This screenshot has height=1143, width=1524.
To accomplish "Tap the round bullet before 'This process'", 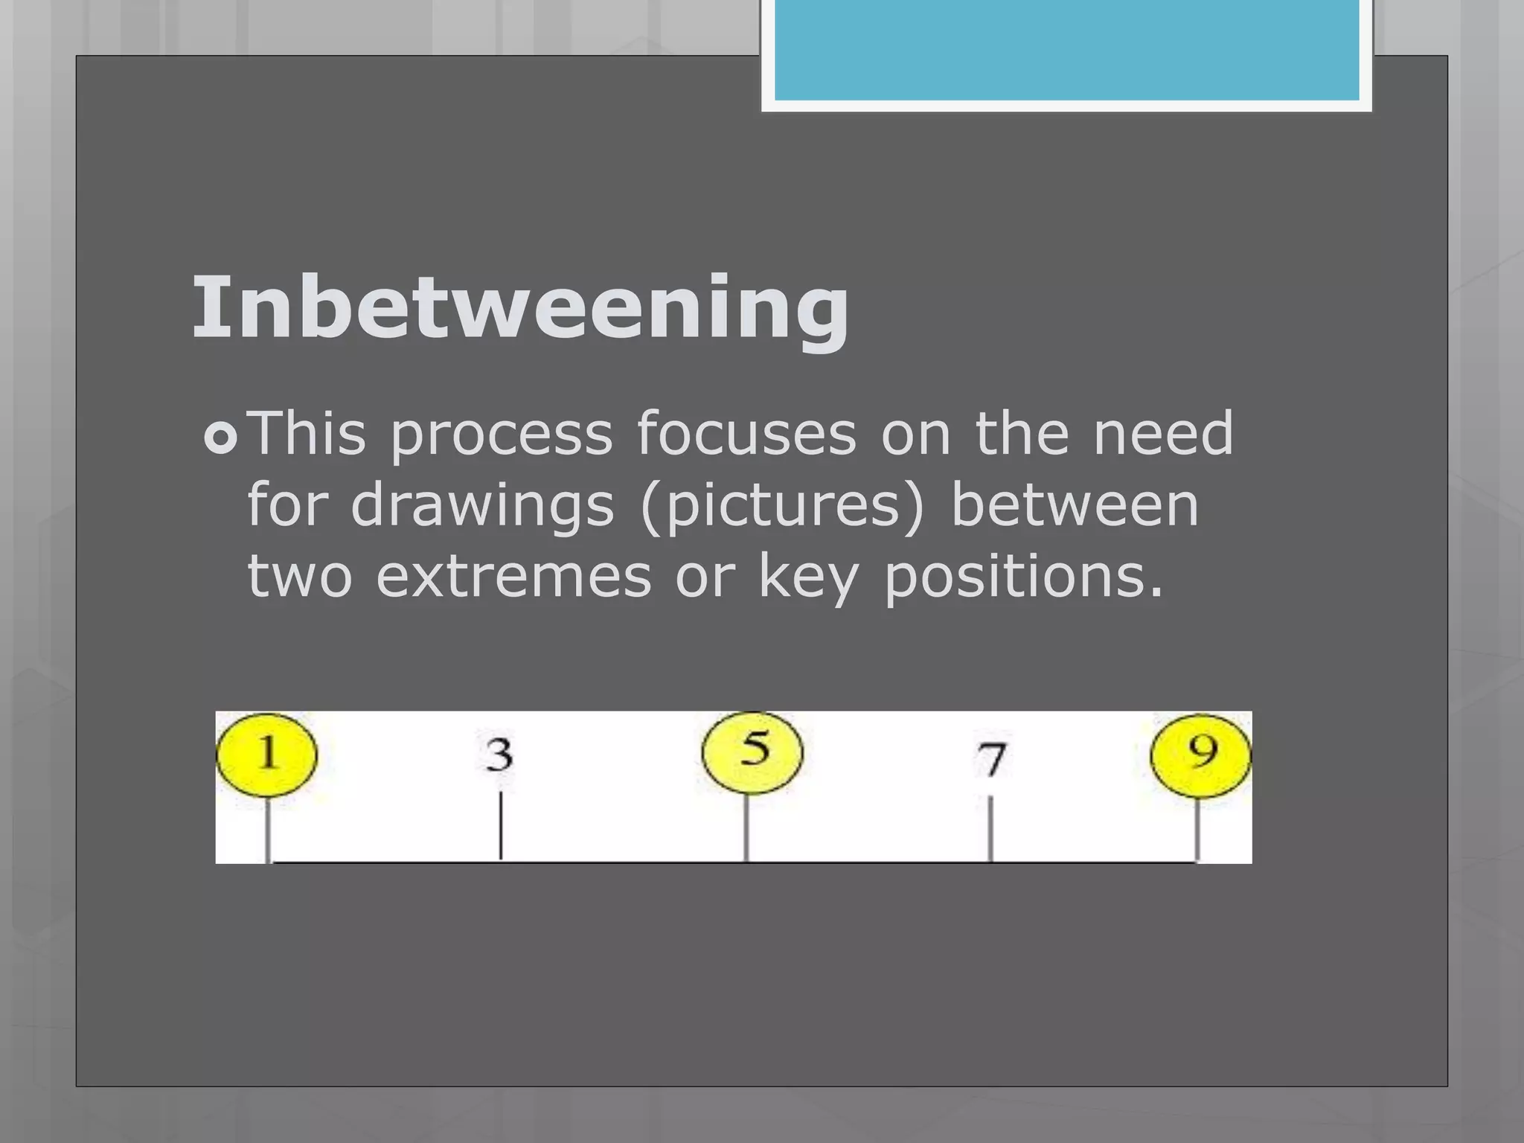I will click(220, 438).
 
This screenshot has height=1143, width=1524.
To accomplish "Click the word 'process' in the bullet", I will click(501, 435).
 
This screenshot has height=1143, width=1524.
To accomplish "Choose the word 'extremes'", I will click(513, 577).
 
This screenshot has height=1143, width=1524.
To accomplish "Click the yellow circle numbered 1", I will click(266, 755).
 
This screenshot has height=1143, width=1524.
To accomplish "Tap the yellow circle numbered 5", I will click(752, 752).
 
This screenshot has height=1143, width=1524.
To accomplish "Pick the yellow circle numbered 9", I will click(1200, 755).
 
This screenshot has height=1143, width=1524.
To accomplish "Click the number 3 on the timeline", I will click(499, 755).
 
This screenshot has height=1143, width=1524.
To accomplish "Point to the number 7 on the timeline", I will click(991, 759).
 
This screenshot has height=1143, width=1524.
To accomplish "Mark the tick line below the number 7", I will click(990, 827).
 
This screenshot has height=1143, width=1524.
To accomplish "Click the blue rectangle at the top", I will click(1066, 49).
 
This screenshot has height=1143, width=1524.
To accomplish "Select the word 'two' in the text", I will click(299, 578).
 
